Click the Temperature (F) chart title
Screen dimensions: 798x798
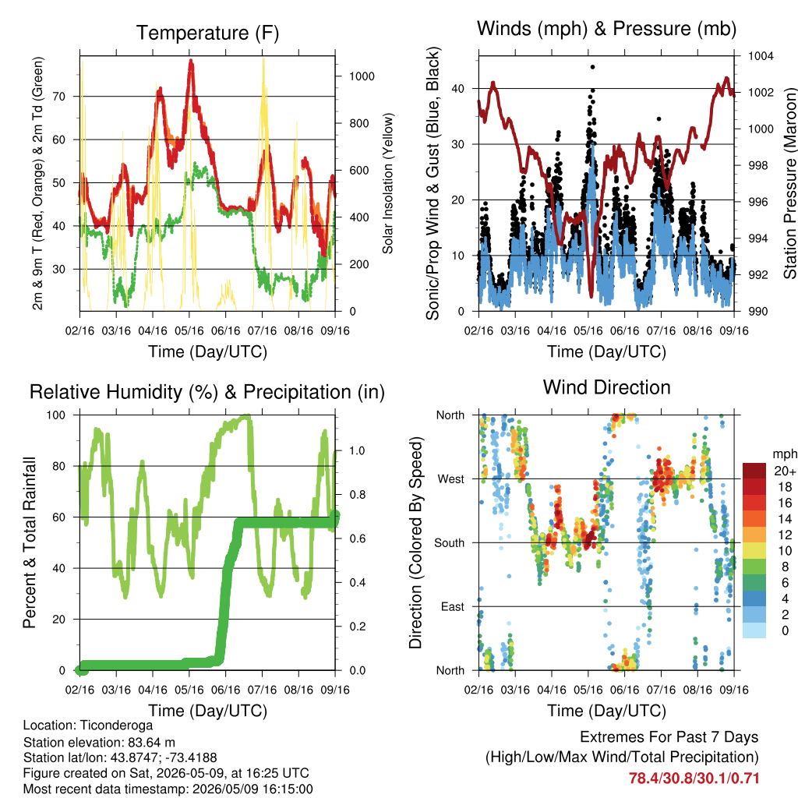point(207,33)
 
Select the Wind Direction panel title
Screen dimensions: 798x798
point(606,387)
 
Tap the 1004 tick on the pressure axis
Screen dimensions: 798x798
point(761,56)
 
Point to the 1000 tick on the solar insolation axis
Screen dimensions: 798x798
point(362,76)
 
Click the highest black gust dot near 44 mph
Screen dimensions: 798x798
point(592,67)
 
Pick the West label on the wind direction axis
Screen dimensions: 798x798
point(451,479)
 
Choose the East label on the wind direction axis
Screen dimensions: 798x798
point(453,606)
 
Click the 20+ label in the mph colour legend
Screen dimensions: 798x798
point(785,471)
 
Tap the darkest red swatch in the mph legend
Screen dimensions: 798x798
point(754,471)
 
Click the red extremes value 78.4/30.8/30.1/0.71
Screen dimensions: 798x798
point(694,779)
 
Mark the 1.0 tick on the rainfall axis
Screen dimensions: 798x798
point(357,450)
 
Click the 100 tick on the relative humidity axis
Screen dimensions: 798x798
point(56,415)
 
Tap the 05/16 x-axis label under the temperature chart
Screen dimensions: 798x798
point(189,330)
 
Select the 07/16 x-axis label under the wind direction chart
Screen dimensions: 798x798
point(661,690)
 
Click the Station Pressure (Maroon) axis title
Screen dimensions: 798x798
point(789,183)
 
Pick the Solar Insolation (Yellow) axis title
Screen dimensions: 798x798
point(388,183)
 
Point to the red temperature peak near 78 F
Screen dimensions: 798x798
point(191,61)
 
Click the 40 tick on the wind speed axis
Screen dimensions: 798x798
point(458,89)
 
